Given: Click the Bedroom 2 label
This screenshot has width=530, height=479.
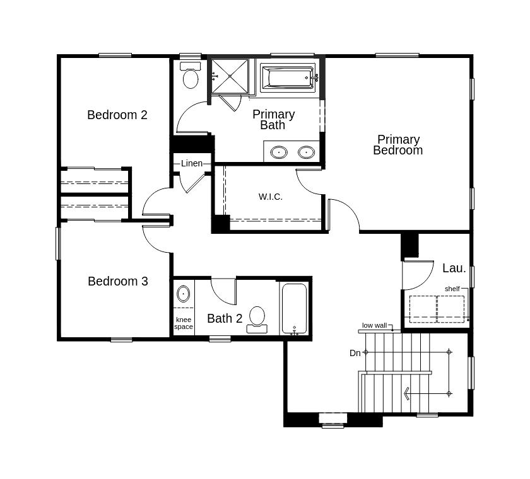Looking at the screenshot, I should [117, 115].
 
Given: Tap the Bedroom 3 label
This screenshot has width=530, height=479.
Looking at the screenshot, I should [118, 281].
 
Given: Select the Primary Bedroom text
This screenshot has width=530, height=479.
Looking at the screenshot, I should [398, 145].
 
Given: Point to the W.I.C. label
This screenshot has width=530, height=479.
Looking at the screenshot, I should [271, 197].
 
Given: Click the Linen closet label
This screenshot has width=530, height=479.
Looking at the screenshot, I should [192, 163].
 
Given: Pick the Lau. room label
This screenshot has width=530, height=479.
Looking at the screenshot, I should [454, 268].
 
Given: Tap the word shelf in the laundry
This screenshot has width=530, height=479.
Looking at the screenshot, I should [452, 289].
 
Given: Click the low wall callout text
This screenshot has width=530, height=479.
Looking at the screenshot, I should [374, 326].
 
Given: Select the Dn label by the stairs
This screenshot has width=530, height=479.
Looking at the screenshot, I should [355, 353].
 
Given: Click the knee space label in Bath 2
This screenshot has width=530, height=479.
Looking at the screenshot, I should [184, 323].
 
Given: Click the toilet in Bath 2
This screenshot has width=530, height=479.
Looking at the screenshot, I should [257, 318].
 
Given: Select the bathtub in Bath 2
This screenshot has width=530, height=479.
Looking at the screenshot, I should [294, 309].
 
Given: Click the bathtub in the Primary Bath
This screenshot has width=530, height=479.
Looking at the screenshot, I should [287, 78].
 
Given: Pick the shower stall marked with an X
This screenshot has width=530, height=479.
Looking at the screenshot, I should [230, 76].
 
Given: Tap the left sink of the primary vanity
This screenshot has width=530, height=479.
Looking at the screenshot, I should [279, 152].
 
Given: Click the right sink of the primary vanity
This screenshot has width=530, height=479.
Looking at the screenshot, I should [306, 152].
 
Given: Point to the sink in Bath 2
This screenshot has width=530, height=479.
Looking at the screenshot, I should [183, 294].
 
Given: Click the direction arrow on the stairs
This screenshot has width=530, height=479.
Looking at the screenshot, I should [408, 393].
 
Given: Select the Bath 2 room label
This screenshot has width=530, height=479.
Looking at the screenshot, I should [225, 318].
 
